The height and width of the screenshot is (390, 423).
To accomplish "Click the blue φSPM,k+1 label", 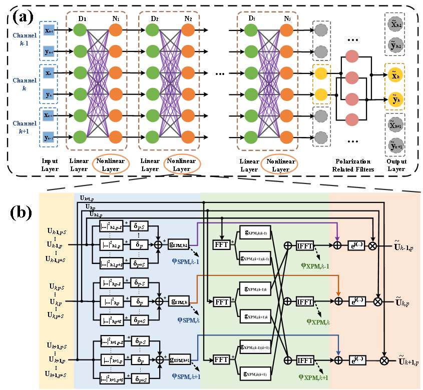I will pos(186,376).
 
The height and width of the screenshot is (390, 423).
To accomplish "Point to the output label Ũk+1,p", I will pos(408,359).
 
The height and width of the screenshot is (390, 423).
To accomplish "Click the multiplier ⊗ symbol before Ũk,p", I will pos(378,301).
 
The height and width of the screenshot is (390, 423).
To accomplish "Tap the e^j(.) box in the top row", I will pos(357,244).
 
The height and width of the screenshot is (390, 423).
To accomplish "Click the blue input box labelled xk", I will pos(49,73).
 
